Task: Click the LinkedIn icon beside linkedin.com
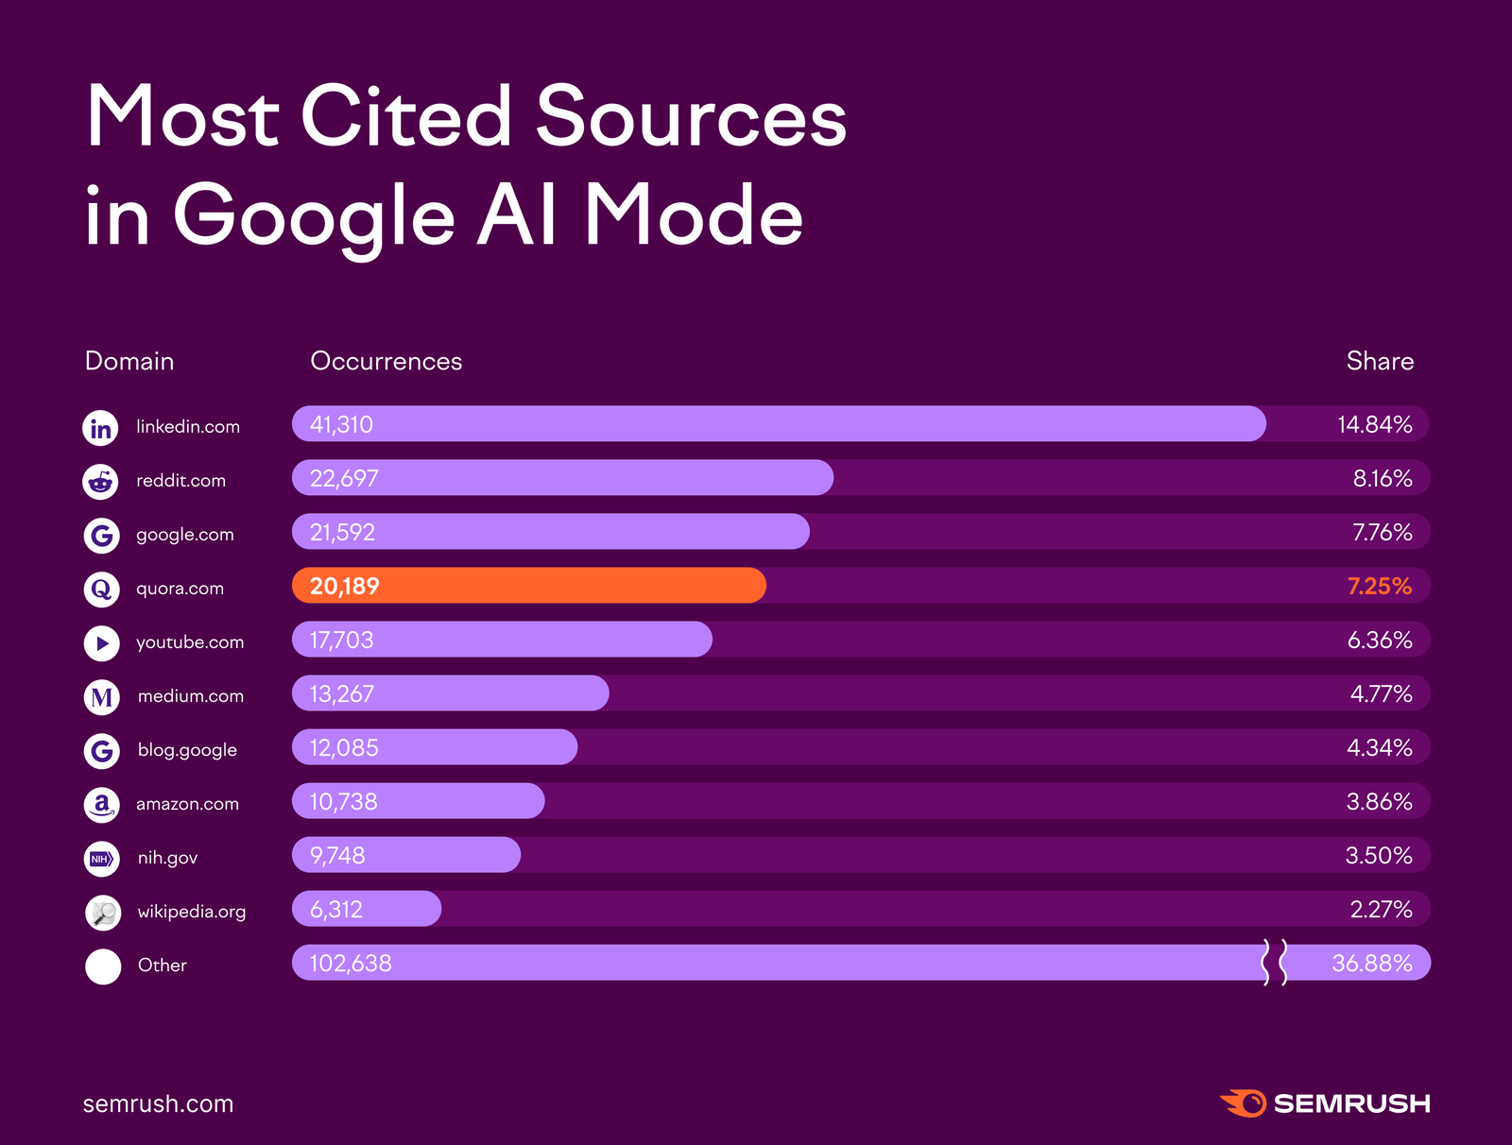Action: click(x=100, y=428)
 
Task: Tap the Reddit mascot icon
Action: click(x=100, y=482)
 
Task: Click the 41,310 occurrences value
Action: click(x=341, y=424)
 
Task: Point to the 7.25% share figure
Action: click(x=1379, y=586)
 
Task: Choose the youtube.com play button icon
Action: click(x=101, y=643)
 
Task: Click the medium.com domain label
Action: click(x=190, y=696)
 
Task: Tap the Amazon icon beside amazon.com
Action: click(x=101, y=805)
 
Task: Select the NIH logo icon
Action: click(x=101, y=859)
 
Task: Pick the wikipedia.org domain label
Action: click(x=191, y=912)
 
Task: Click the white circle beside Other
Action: click(x=103, y=966)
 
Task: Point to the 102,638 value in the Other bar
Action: click(x=351, y=964)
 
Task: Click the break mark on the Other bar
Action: click(x=1274, y=963)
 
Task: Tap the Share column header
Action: click(x=1380, y=361)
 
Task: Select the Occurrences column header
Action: click(x=386, y=361)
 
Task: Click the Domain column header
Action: click(x=129, y=361)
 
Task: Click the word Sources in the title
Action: click(x=691, y=117)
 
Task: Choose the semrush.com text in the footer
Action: click(x=158, y=1103)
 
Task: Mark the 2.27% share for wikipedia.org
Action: click(x=1381, y=910)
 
